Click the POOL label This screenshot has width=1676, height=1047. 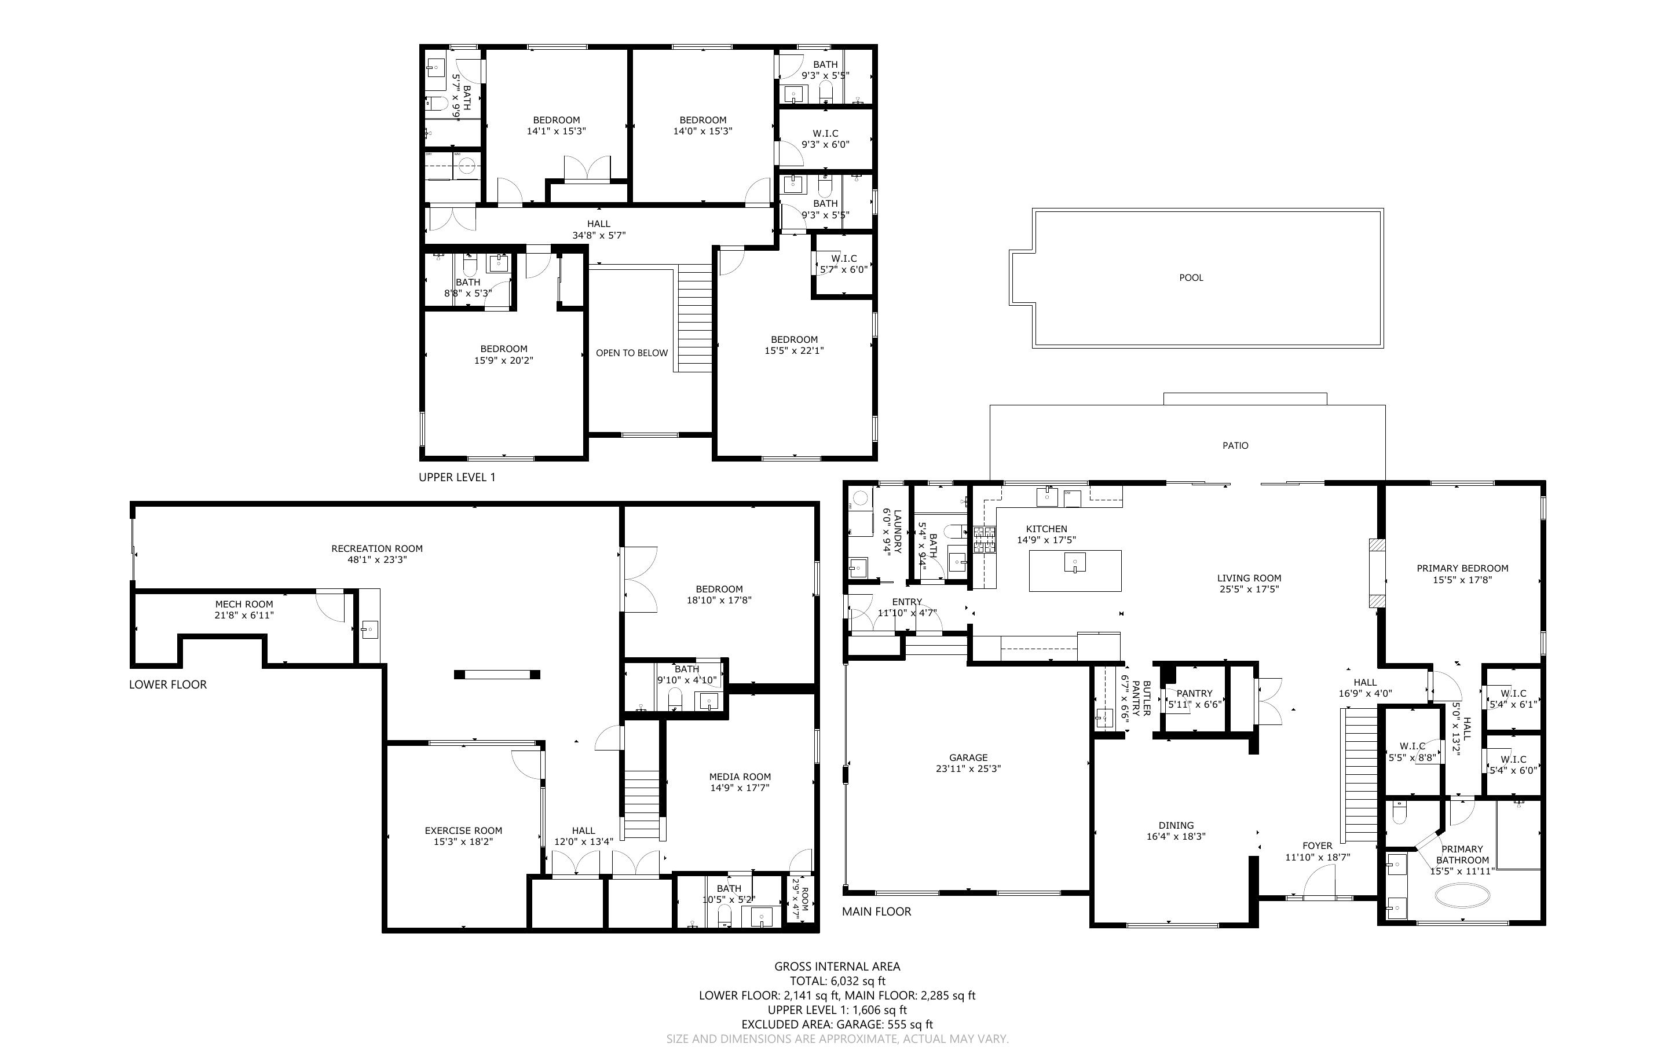coord(1191,278)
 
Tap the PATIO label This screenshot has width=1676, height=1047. coord(1235,446)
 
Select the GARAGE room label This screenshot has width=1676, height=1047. coord(968,757)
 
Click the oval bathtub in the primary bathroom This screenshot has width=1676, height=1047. coord(1462,895)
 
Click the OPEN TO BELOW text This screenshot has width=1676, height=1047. coord(631,353)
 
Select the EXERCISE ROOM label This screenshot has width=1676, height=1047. coord(463,831)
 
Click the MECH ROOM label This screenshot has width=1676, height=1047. coord(244,605)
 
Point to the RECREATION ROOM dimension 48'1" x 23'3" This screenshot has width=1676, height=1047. coord(376,559)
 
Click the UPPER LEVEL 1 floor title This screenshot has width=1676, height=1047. coord(457,477)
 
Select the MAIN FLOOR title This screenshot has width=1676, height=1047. coord(876,912)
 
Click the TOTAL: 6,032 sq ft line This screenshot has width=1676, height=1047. coord(837,981)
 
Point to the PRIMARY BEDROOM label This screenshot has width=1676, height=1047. coord(1462,569)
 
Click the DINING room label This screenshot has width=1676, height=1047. coord(1176,825)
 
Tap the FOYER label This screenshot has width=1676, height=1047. coord(1317,845)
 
